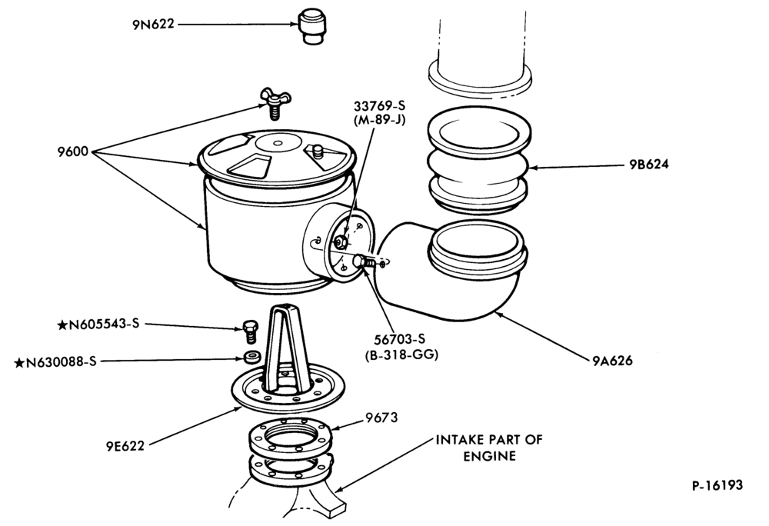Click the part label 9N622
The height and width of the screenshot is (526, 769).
pyautogui.click(x=153, y=24)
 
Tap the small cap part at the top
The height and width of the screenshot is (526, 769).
pyautogui.click(x=312, y=26)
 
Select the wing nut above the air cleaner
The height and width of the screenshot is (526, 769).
pyautogui.click(x=275, y=102)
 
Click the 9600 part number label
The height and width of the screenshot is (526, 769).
pyautogui.click(x=73, y=151)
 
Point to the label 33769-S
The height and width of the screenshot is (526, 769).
pyautogui.click(x=380, y=106)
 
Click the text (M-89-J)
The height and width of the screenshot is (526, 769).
pyautogui.click(x=380, y=120)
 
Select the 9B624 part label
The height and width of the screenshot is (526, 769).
pyautogui.click(x=649, y=165)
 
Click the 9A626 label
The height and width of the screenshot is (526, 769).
pyautogui.click(x=613, y=361)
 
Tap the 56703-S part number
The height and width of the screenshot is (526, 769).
pyautogui.click(x=400, y=339)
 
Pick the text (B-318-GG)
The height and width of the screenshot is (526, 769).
pyautogui.click(x=401, y=355)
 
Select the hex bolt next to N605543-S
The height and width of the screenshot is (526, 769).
pyautogui.click(x=250, y=331)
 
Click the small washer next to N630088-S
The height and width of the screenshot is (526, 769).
pyautogui.click(x=252, y=357)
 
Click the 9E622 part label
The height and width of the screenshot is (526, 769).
pyautogui.click(x=125, y=446)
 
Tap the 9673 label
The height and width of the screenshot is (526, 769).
pyautogui.click(x=381, y=418)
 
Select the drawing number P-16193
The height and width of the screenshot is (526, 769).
pyautogui.click(x=717, y=485)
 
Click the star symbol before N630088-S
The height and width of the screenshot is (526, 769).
pyautogui.click(x=19, y=363)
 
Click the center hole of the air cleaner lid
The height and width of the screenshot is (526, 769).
pyautogui.click(x=278, y=143)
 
